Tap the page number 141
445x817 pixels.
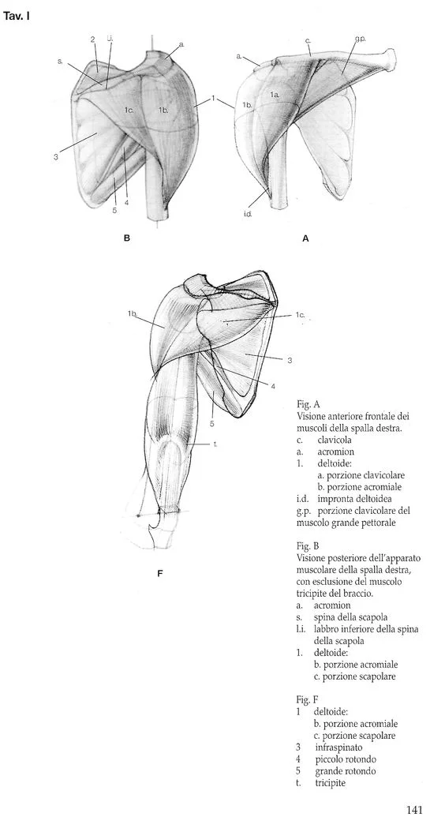(x=417, y=808)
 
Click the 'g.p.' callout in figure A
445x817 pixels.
(x=359, y=39)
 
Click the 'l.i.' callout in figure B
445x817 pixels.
(x=110, y=39)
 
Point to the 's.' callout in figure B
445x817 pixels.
(x=60, y=60)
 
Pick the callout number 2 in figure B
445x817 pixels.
(x=92, y=39)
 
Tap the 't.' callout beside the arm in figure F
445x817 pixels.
(x=215, y=444)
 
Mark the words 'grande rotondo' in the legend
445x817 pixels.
(x=346, y=770)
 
